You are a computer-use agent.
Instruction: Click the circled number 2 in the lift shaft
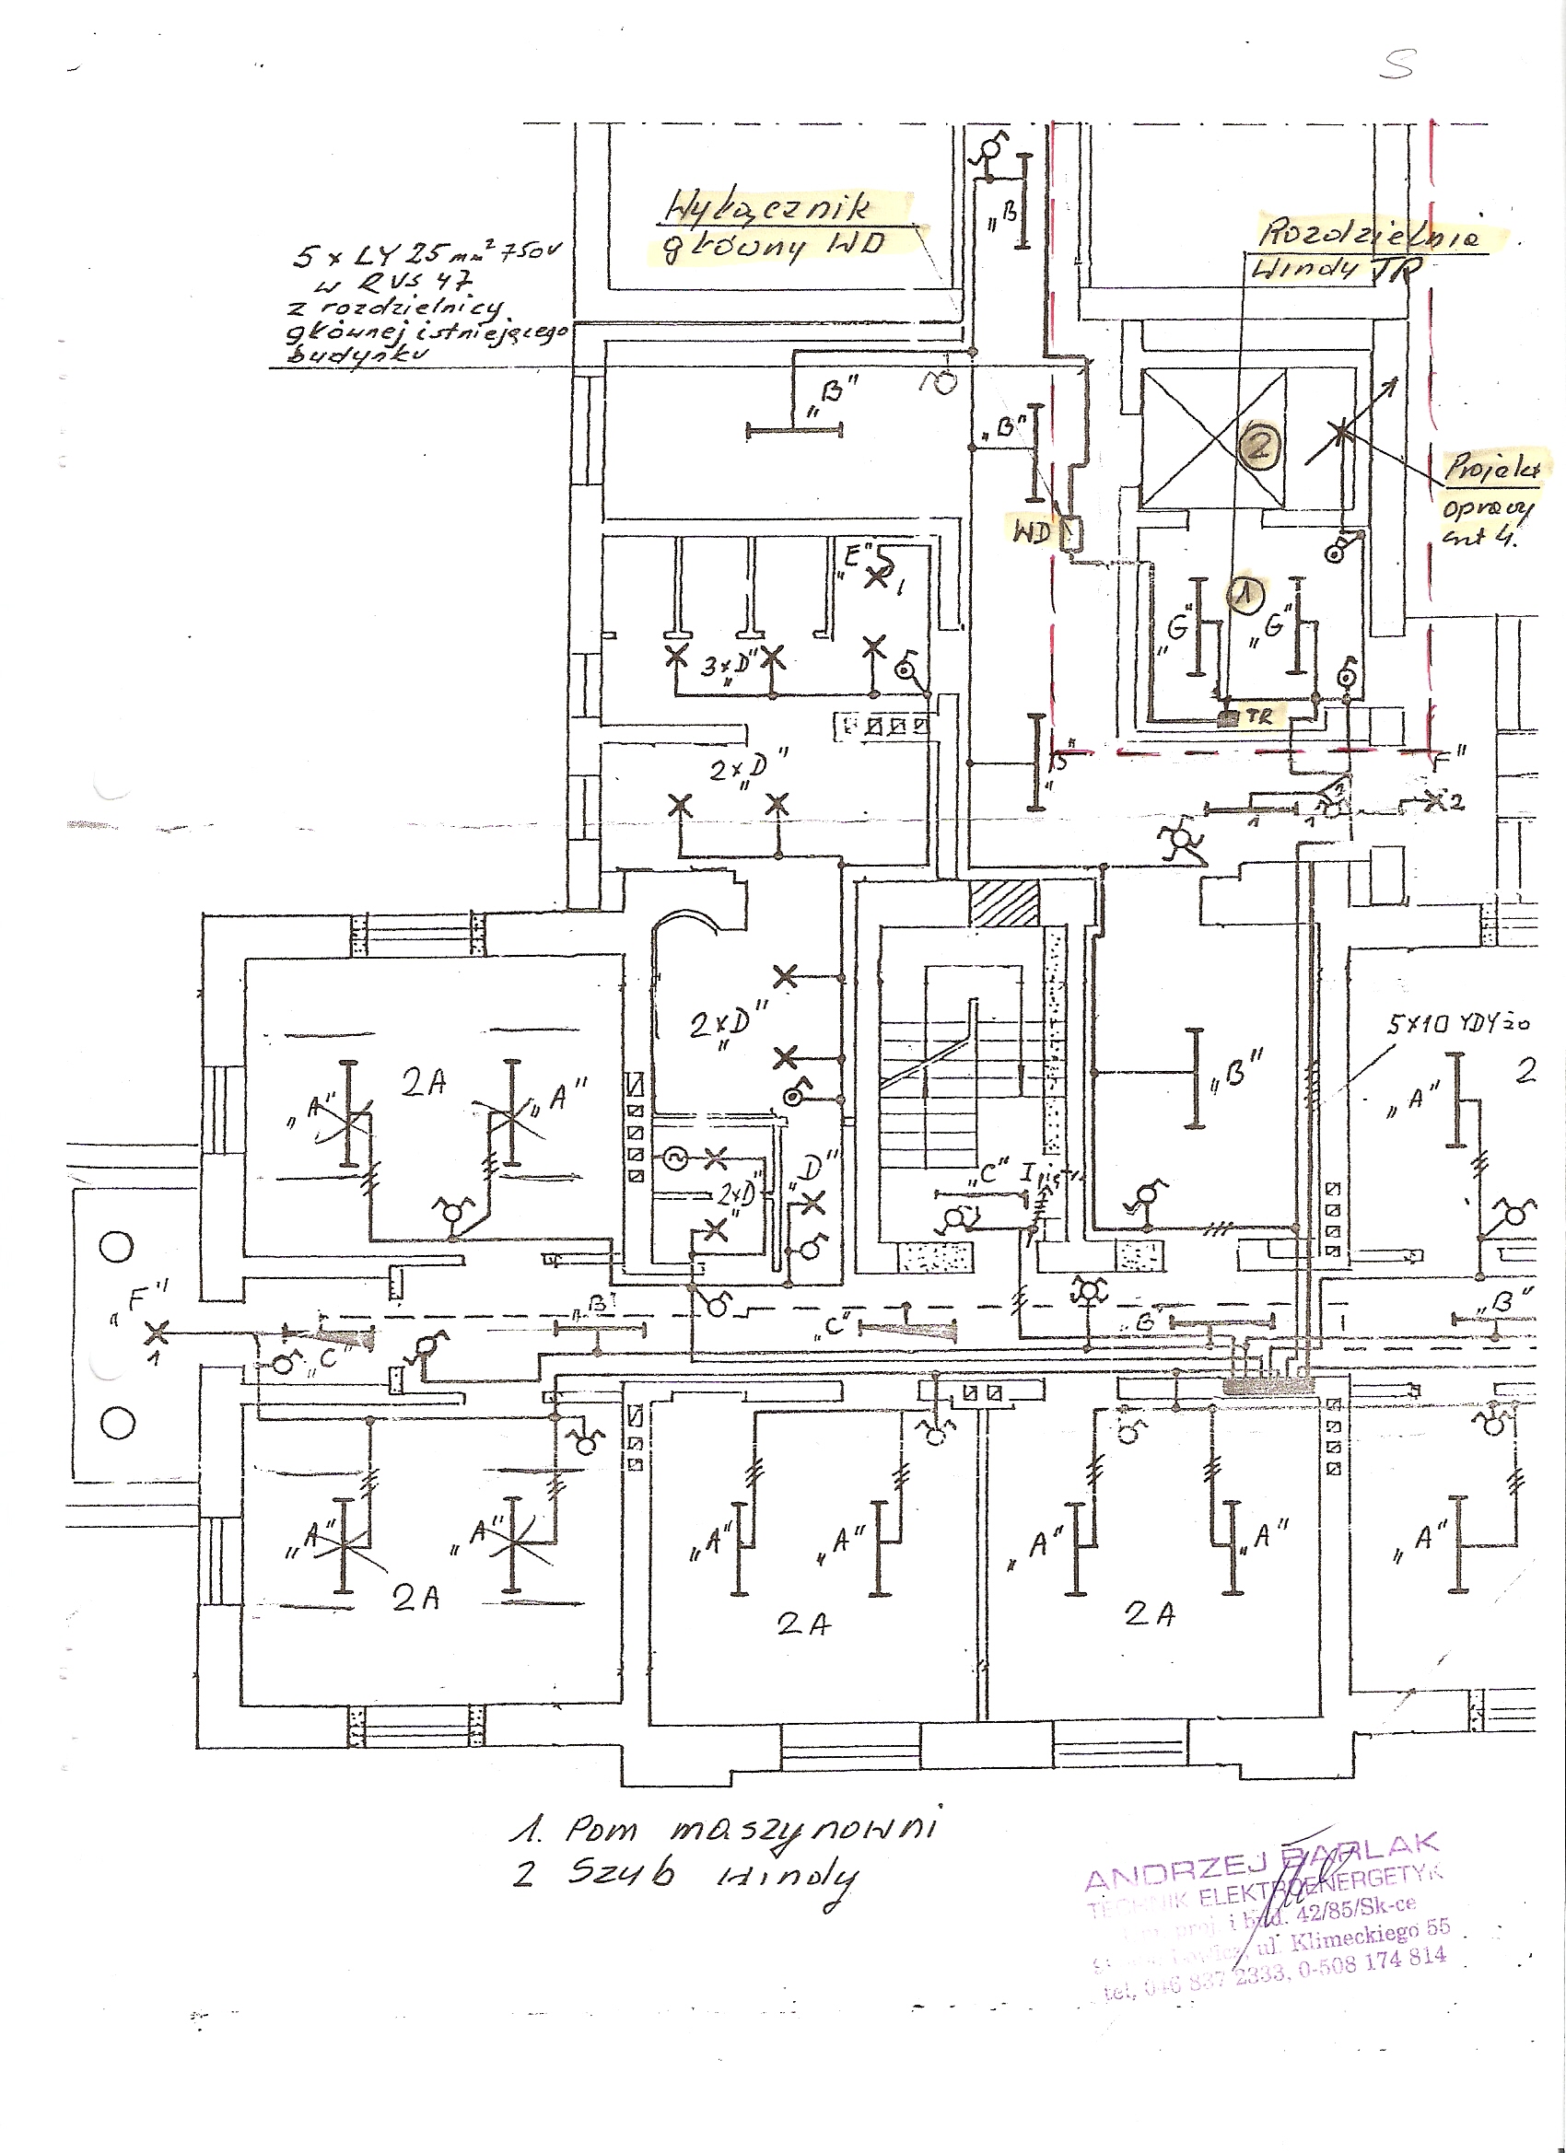pos(1259,445)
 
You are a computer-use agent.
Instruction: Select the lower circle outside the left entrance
pos(119,1422)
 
